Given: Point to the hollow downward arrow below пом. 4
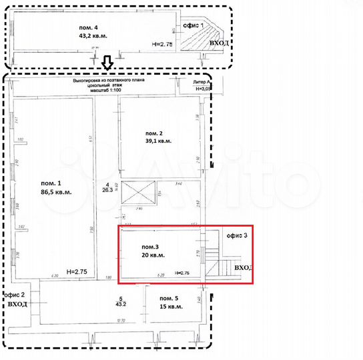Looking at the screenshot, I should (107, 63).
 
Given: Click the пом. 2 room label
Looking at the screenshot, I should (153, 133).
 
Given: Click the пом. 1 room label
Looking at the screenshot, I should (51, 183).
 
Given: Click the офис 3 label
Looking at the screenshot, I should (236, 236).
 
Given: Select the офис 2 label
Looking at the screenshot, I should (15, 294).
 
